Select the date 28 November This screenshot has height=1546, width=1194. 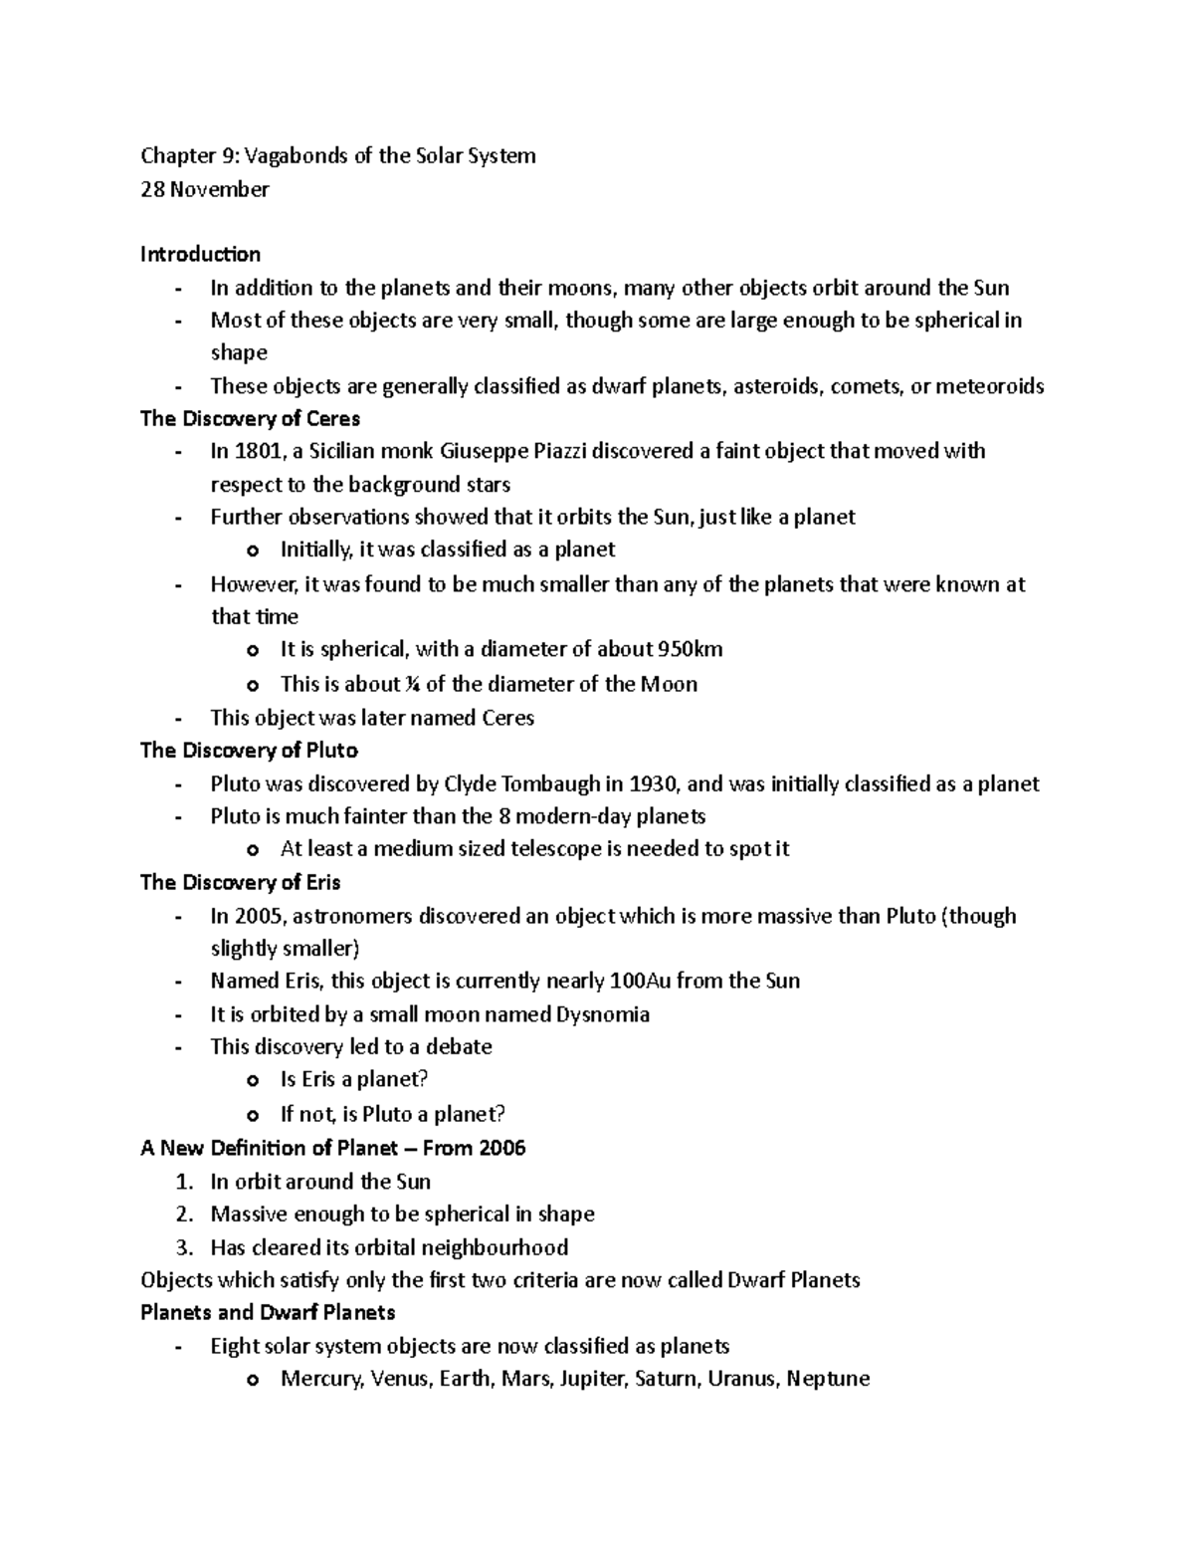[x=204, y=189]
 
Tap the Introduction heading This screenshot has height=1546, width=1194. [x=200, y=254]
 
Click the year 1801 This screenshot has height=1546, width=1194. [x=257, y=451]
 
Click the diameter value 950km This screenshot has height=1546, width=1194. [x=690, y=650]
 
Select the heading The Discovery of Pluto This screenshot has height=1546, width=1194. [x=249, y=750]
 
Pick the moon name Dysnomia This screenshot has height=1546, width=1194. [x=603, y=1014]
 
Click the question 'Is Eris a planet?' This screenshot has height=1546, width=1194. [x=353, y=1080]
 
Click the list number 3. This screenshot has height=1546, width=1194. [x=182, y=1247]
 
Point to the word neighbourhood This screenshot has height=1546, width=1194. [x=495, y=1247]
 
